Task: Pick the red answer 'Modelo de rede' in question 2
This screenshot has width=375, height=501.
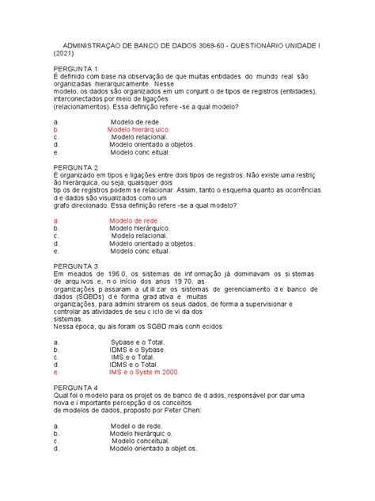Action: point(135,220)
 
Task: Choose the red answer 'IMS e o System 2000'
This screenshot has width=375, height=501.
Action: point(145,371)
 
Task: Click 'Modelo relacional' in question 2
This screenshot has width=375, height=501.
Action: point(140,235)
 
